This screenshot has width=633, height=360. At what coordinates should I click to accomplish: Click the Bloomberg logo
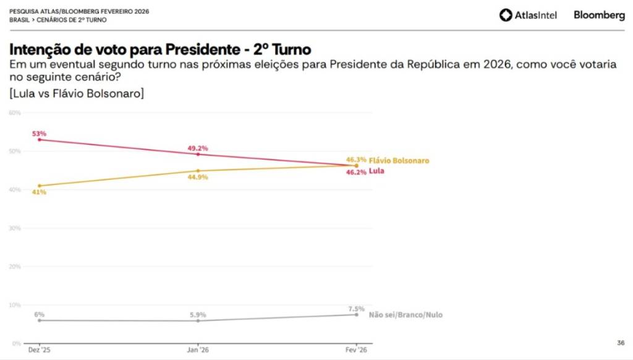coord(599,15)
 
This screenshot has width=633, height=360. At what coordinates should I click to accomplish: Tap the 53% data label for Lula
coord(40,133)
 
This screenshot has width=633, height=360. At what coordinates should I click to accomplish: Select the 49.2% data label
coord(198,148)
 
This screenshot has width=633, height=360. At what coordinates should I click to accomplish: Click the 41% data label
coord(40,192)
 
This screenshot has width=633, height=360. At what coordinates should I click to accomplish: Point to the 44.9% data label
coord(198,177)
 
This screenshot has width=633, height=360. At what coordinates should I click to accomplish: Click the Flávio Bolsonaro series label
coord(399,160)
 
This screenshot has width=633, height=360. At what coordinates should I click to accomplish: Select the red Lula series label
coord(376,170)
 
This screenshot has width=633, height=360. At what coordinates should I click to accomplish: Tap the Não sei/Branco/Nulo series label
coord(406,315)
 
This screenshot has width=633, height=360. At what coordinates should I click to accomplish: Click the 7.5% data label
coord(355,308)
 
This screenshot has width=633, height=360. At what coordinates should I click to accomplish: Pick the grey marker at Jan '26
coord(198,320)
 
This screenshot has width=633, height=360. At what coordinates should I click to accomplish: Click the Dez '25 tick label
coord(40,349)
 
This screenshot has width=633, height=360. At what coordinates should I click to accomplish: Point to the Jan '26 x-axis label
coord(198,349)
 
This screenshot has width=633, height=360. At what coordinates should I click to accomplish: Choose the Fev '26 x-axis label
coord(356,349)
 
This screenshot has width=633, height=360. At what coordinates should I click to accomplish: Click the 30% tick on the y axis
coord(15,228)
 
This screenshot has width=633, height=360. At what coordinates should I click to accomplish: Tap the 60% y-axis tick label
coord(15,113)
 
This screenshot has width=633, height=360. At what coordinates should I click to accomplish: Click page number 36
coord(621,342)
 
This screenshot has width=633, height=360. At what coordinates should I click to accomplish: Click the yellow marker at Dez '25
coord(40,186)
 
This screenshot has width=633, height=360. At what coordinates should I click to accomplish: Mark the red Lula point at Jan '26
coord(198,154)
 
